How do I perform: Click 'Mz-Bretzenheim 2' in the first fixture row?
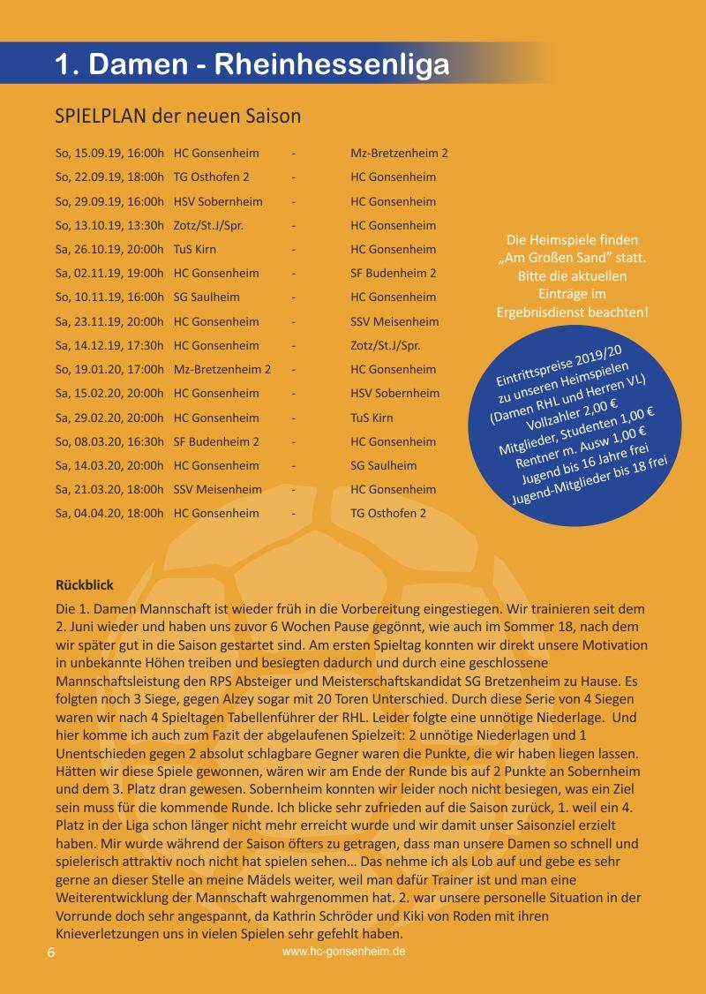399,153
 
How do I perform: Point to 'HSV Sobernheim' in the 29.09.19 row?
218,201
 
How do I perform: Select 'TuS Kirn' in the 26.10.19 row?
195,249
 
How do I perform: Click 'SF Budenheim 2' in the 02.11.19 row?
393,273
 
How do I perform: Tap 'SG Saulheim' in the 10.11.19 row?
207,297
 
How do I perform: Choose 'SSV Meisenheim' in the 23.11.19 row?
394,321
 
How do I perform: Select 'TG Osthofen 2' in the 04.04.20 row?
388,513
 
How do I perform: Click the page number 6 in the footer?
51,953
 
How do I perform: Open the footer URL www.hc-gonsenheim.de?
344,953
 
